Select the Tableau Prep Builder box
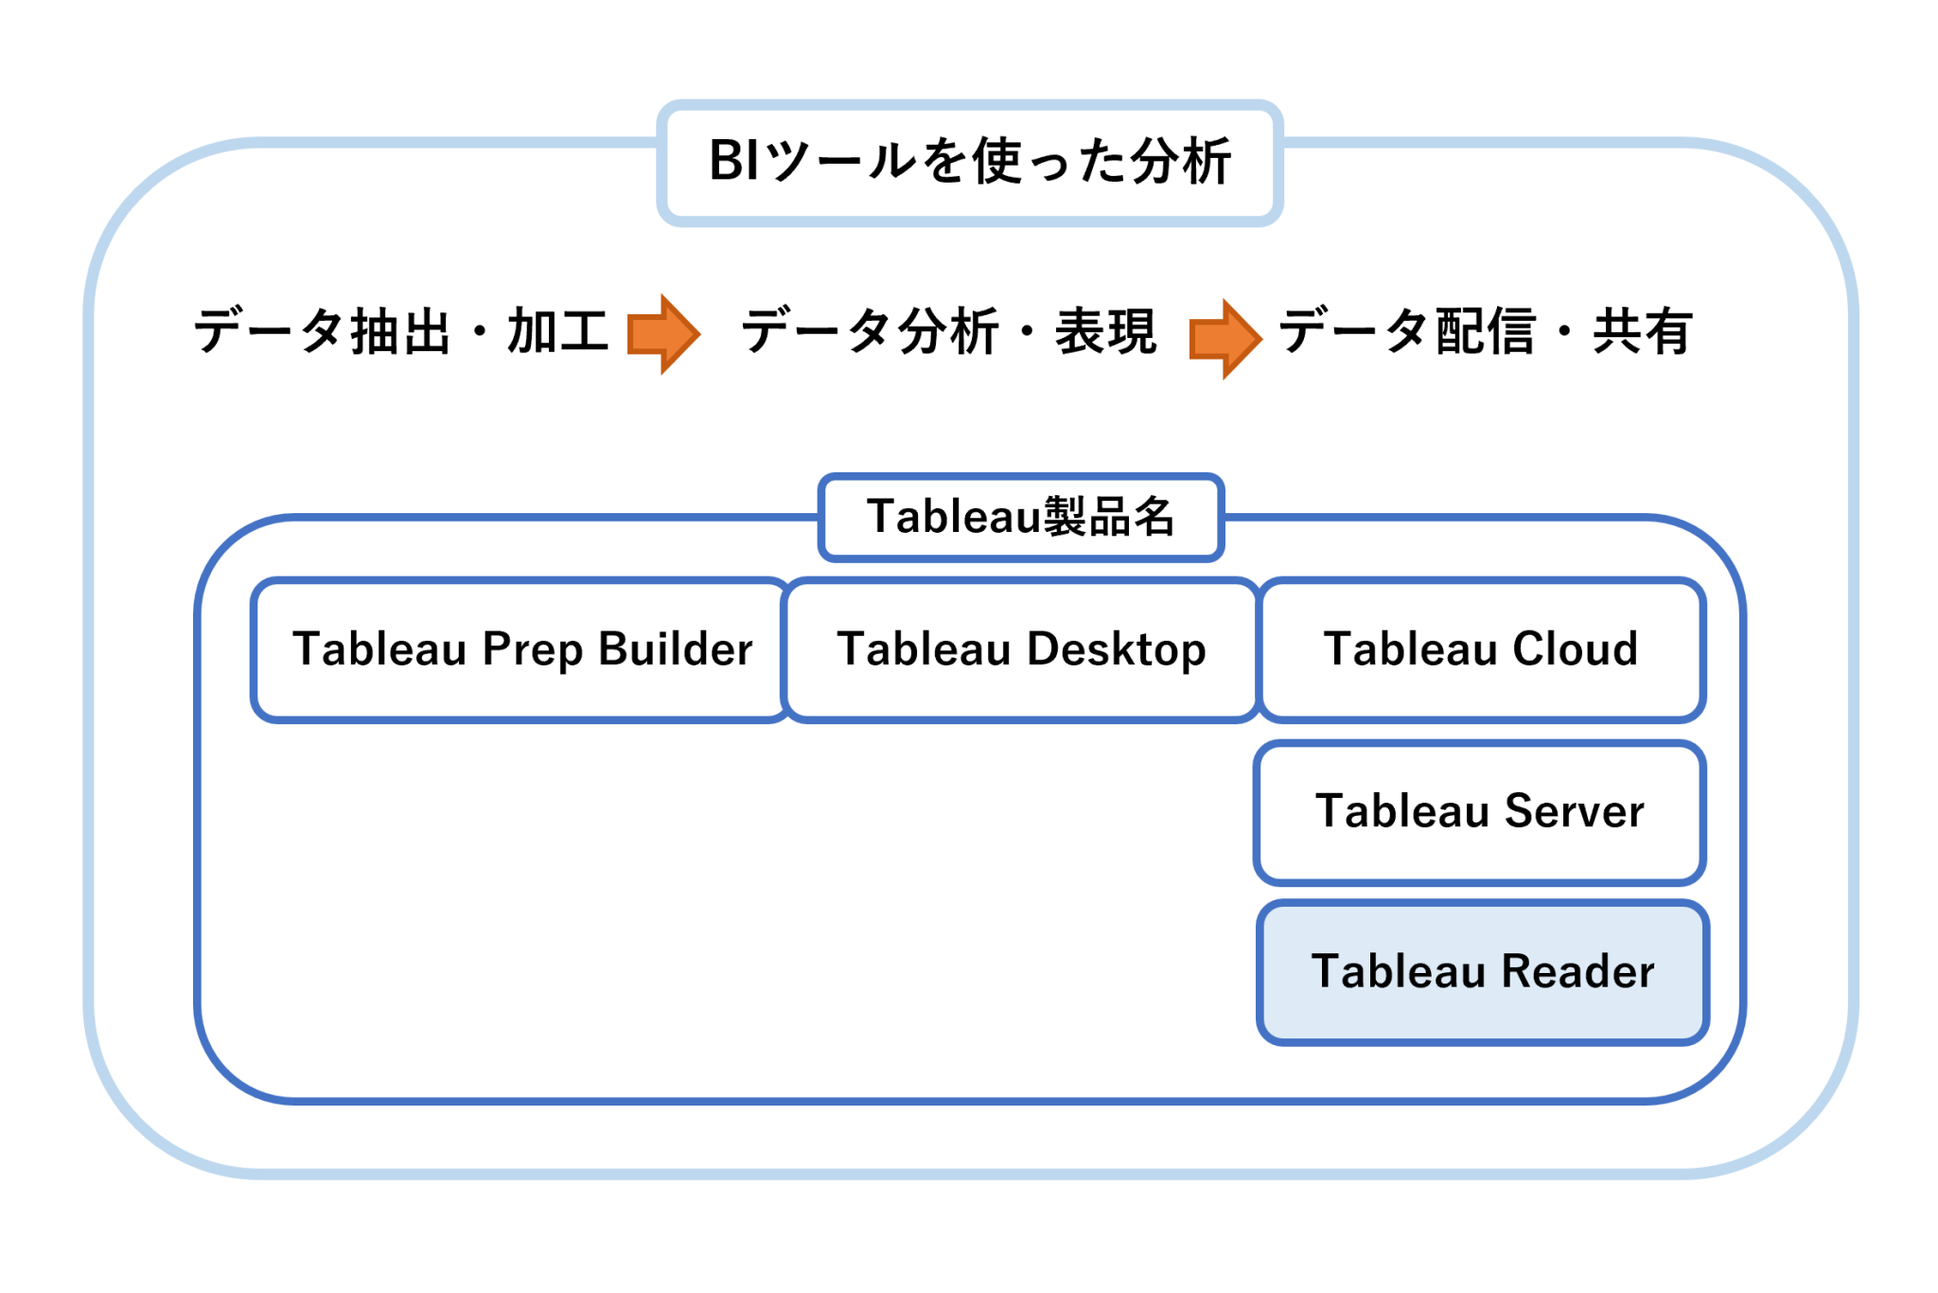(x=521, y=650)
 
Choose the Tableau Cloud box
(x=1481, y=650)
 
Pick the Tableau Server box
(x=1480, y=812)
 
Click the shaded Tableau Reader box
(x=1483, y=972)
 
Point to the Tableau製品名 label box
(x=1021, y=517)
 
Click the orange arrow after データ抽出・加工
(x=663, y=333)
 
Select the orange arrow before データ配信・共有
(x=1224, y=339)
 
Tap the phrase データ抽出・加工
(x=401, y=331)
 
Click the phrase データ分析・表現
(x=948, y=331)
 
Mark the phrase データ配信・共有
(x=1486, y=331)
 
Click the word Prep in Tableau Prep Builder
(x=532, y=650)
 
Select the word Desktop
(x=1116, y=650)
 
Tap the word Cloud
(x=1575, y=649)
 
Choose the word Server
(x=1574, y=811)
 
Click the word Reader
(x=1577, y=971)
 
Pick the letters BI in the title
(x=733, y=160)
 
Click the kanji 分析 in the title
(x=1181, y=161)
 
